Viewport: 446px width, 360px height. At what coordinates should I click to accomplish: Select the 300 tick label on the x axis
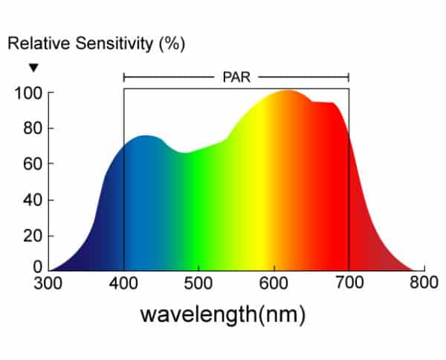point(49,283)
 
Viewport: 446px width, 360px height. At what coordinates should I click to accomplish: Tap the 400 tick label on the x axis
point(124,283)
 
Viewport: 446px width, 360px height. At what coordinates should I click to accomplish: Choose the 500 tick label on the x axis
point(199,283)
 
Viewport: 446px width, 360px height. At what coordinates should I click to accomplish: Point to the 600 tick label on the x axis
point(274,283)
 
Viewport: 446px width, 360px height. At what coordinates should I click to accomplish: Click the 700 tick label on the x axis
point(349,283)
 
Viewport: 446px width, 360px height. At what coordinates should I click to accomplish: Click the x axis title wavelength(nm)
point(223,313)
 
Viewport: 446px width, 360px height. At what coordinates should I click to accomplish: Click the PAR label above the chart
point(236,76)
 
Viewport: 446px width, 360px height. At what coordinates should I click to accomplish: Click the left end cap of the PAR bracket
point(124,77)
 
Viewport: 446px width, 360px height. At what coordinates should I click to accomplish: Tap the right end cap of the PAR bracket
point(349,77)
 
